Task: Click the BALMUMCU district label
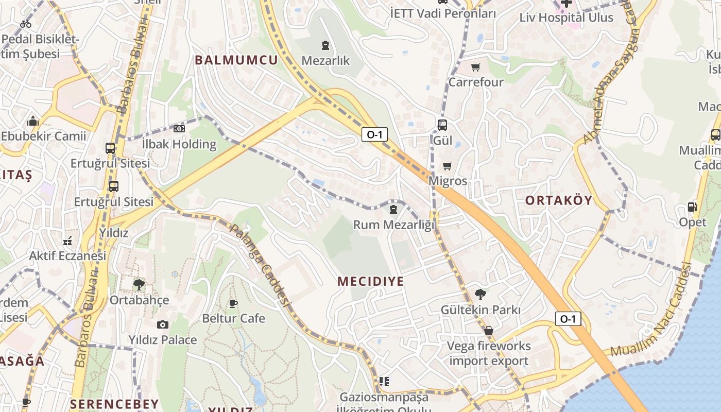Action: coord(236,60)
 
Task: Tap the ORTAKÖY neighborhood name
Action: coord(559,200)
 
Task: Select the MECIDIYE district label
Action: coord(370,281)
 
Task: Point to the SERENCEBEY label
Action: coord(114,403)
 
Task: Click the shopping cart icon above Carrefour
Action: coord(475,67)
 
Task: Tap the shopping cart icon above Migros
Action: coord(447,166)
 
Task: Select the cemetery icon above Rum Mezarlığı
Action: coord(393,210)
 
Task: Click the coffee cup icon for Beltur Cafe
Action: coord(233,303)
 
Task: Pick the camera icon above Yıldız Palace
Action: coord(163,324)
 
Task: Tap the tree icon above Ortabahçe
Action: coord(139,284)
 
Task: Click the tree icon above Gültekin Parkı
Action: coord(480,295)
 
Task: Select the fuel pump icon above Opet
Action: coord(692,207)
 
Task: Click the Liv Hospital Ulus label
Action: coord(566,18)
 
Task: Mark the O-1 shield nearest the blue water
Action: coord(568,319)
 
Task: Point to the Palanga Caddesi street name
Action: coord(261,265)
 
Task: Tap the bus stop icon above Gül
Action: coord(442,125)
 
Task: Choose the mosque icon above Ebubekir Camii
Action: coord(33,122)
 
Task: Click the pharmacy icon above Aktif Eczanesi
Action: coord(67,241)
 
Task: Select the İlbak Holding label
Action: coord(179,144)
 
